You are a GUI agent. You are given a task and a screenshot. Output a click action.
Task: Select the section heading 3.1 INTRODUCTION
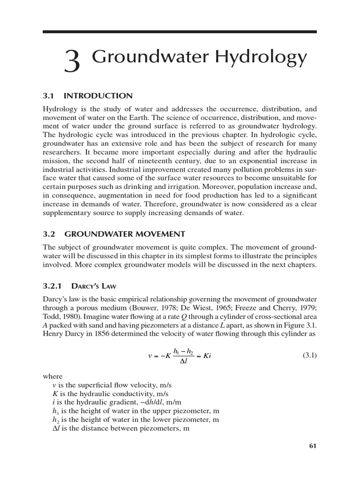(87, 96)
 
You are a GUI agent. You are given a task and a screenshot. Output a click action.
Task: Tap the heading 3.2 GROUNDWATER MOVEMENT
(114, 233)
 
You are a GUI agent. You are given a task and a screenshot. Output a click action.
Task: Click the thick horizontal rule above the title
(180, 32)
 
